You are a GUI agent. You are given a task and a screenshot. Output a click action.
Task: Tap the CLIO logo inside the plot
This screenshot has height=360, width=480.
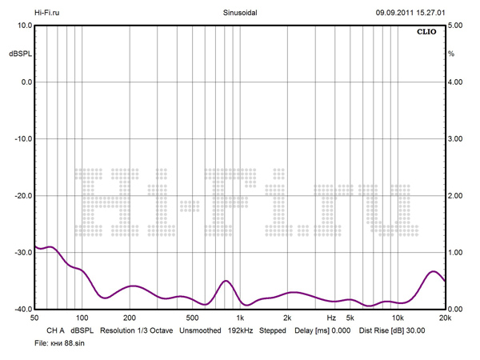point(426,33)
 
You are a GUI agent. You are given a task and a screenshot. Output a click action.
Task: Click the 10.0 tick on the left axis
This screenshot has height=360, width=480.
point(22,26)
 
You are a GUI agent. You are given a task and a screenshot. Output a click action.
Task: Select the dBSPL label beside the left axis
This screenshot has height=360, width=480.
point(19,54)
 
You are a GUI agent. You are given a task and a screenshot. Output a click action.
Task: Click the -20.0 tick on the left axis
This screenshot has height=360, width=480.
point(21,196)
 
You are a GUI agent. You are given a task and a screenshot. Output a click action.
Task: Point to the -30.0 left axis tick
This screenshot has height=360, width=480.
point(21,253)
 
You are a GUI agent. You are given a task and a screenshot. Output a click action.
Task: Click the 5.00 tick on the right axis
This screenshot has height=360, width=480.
point(456,26)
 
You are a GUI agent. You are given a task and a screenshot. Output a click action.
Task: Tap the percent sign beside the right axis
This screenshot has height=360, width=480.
point(451,54)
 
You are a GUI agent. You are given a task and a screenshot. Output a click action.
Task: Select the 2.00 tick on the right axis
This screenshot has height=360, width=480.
point(456,196)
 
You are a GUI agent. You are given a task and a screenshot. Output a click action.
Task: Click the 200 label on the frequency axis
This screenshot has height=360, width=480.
point(129,318)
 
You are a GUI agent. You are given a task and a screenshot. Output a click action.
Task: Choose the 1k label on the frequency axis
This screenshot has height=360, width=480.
point(239,318)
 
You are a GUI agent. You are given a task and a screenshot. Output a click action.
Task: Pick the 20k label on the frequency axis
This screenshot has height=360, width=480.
point(444,318)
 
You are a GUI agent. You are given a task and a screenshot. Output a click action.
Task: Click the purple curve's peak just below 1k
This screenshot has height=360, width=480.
point(226,281)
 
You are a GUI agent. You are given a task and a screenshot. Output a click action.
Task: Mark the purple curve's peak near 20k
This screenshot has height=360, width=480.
point(434,271)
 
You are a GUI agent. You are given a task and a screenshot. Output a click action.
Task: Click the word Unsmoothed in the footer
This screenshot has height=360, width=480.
point(200,330)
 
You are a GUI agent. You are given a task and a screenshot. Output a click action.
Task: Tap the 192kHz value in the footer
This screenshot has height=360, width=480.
point(242,330)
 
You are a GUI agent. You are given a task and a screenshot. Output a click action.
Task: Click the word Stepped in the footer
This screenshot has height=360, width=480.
point(273,330)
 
